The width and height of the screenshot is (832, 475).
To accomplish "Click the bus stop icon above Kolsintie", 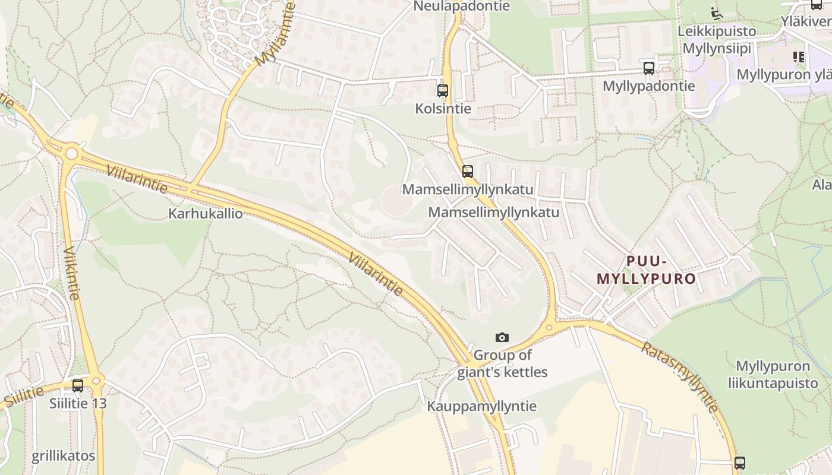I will tap(443, 91).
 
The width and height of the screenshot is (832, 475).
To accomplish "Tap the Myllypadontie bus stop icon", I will tap(649, 68).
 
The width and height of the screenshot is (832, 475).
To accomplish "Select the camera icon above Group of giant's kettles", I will tap(502, 337).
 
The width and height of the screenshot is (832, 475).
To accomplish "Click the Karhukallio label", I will tap(206, 213).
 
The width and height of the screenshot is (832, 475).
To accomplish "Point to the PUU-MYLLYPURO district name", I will tap(646, 270).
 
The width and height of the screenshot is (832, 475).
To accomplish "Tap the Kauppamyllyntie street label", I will tap(481, 406).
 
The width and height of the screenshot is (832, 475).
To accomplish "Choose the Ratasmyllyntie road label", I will tap(679, 377).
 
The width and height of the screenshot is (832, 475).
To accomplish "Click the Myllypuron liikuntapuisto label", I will tap(773, 375).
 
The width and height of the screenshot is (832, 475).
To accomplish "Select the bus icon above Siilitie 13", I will tap(78, 386).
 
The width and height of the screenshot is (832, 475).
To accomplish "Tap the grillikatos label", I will tap(63, 456).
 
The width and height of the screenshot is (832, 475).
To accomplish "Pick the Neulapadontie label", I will tap(461, 6).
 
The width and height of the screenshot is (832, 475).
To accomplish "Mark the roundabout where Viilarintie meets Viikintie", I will tap(71, 154).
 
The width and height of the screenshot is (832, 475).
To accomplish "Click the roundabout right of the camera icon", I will tap(550, 327).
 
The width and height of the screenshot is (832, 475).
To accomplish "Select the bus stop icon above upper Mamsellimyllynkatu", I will tap(468, 172).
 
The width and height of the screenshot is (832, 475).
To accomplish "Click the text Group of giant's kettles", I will tap(502, 364).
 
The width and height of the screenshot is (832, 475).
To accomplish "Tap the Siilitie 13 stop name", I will tap(78, 404).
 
